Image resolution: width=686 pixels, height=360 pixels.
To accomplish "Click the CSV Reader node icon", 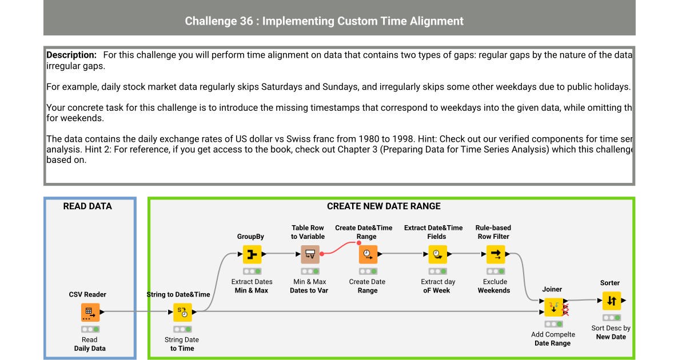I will (x=90, y=312).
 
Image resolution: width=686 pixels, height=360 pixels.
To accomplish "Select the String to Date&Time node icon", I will (x=183, y=312).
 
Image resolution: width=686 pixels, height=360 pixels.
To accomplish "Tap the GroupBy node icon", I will (x=252, y=254).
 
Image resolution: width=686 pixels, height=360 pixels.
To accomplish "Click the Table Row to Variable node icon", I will (x=310, y=254).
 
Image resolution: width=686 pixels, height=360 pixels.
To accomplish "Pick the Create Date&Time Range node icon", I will (x=368, y=254).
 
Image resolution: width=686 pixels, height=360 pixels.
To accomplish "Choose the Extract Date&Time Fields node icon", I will (x=437, y=254).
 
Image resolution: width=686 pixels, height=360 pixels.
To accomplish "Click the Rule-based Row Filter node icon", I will (x=495, y=254).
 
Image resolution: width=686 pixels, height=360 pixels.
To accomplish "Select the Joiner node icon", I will (x=553, y=307).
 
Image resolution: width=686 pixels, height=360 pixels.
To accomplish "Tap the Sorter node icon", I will (x=611, y=301).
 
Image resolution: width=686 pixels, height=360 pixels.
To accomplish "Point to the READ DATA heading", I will (x=87, y=206).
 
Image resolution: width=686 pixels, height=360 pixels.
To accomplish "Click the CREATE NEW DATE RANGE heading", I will (x=384, y=206).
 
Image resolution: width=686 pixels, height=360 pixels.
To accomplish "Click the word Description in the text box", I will (x=71, y=55).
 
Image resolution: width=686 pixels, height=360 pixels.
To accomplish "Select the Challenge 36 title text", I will (x=324, y=21).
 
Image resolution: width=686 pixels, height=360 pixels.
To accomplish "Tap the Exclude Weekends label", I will (x=494, y=286).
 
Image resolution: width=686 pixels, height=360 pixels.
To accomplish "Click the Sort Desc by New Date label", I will (x=611, y=333).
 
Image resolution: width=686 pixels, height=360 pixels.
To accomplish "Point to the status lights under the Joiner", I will (x=553, y=324).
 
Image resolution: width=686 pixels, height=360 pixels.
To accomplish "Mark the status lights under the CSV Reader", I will (x=90, y=329).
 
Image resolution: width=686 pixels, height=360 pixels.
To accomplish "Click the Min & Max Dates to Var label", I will (x=309, y=286).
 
